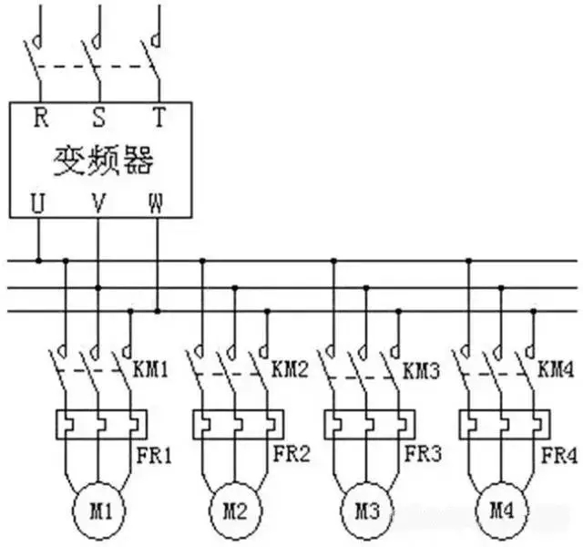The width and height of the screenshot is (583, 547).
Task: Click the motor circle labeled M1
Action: pos(97,502)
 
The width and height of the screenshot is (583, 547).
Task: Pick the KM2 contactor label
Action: pos(291,372)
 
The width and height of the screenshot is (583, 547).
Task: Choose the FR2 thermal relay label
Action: pos(291,453)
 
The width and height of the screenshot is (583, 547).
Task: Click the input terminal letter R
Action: pos(40,118)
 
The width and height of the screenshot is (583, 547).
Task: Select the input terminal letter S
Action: pos(99,118)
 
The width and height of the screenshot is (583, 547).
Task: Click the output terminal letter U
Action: pos(38,203)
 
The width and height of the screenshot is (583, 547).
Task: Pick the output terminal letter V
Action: pos(98,203)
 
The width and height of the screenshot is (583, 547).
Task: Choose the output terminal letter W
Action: pos(158,203)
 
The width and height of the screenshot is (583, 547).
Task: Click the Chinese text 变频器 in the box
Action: pos(100,161)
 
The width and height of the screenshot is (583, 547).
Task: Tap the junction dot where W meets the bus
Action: pos(159,311)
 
